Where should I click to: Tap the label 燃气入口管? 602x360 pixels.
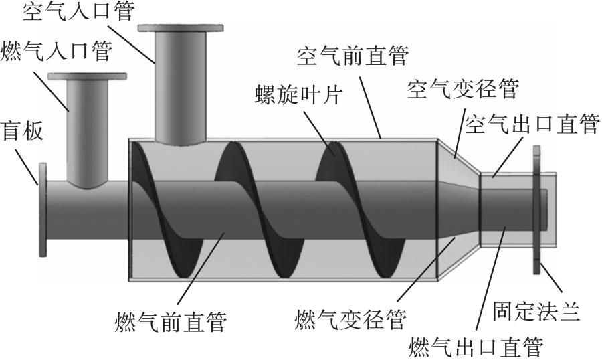click(58, 50)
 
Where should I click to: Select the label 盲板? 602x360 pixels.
click(23, 131)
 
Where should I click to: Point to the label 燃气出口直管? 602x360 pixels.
click(476, 346)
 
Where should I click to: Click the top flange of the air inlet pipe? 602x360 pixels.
click(180, 28)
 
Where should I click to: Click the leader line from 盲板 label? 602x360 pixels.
click(29, 163)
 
